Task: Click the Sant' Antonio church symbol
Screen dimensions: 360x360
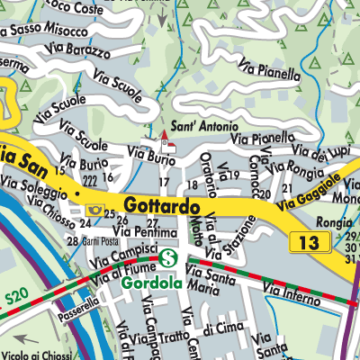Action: point(164,142)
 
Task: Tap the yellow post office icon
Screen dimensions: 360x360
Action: point(91,209)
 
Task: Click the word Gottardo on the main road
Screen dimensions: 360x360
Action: point(162,206)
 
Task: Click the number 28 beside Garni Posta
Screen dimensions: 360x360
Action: point(72,242)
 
